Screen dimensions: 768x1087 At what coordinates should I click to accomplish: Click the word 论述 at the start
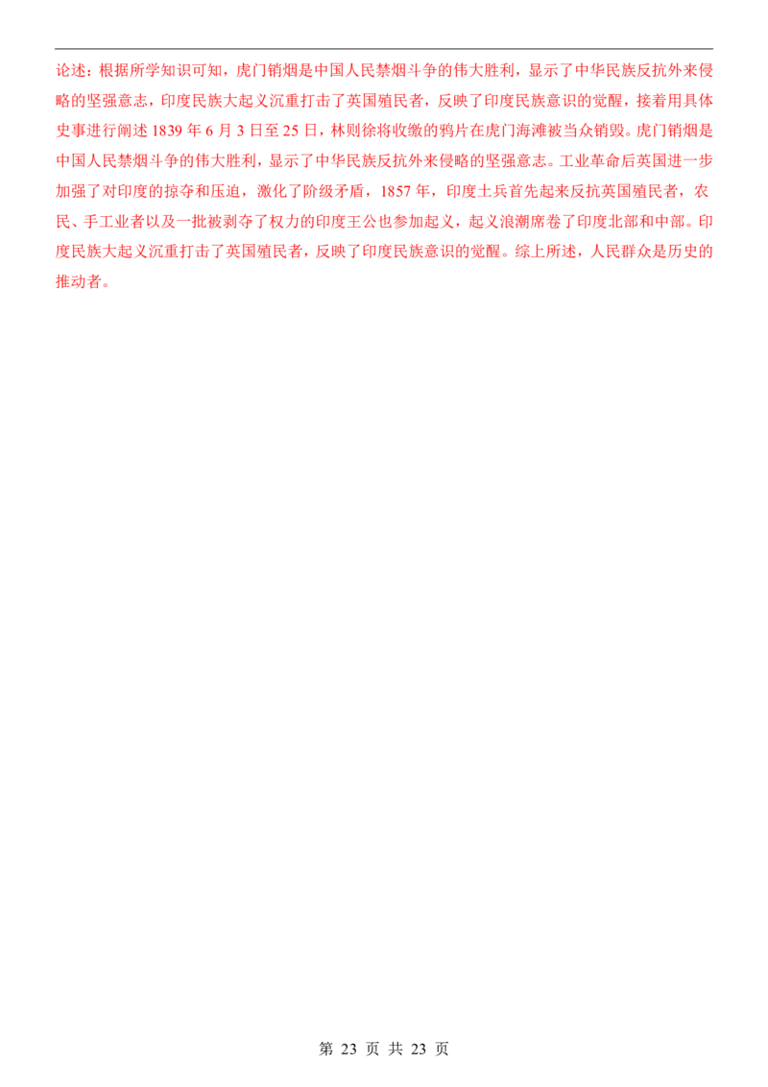[x=71, y=71]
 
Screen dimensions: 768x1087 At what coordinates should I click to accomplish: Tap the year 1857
[x=396, y=191]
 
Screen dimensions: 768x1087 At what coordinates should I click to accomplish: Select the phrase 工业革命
[x=589, y=160]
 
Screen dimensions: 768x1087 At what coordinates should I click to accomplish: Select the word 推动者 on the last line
[x=79, y=282]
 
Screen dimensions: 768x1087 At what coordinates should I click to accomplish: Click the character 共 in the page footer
[x=396, y=1049]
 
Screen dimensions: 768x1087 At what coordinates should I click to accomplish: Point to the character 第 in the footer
[x=326, y=1049]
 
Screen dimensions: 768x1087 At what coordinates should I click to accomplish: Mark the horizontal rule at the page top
[x=384, y=49]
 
